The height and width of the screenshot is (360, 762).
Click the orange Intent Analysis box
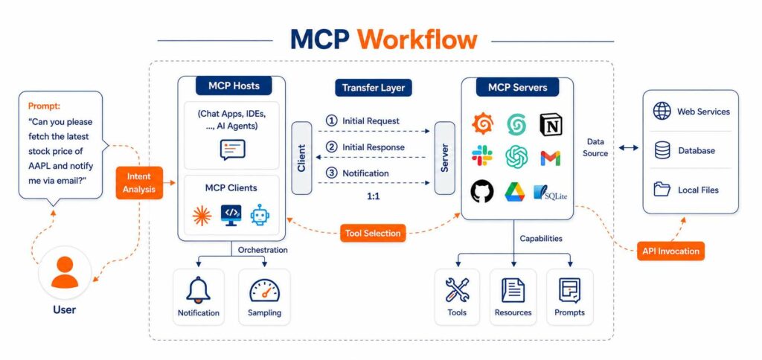point(139,183)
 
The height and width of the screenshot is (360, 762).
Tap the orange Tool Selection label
point(373,233)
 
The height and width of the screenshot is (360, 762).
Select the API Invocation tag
point(670,251)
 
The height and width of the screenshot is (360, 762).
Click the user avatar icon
point(65,273)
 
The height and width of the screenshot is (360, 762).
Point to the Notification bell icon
point(198,290)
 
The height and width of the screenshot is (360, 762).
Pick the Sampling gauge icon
point(264,291)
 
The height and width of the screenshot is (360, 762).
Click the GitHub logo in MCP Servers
point(482,191)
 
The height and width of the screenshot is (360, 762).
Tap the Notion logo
point(551,125)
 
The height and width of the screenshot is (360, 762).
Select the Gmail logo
point(551,158)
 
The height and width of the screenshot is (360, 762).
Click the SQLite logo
point(550,193)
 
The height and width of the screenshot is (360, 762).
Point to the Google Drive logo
point(516,191)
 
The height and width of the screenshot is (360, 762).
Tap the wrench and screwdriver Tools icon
point(458,290)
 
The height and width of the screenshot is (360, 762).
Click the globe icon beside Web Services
point(662,112)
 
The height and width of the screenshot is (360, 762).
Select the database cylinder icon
point(662,150)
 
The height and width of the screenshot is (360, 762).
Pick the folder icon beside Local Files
point(662,189)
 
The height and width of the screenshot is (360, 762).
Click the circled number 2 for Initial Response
point(331,147)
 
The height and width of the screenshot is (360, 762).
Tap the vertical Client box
point(302,158)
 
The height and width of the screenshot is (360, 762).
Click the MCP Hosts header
point(234,86)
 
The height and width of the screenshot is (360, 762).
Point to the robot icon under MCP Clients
point(260,214)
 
